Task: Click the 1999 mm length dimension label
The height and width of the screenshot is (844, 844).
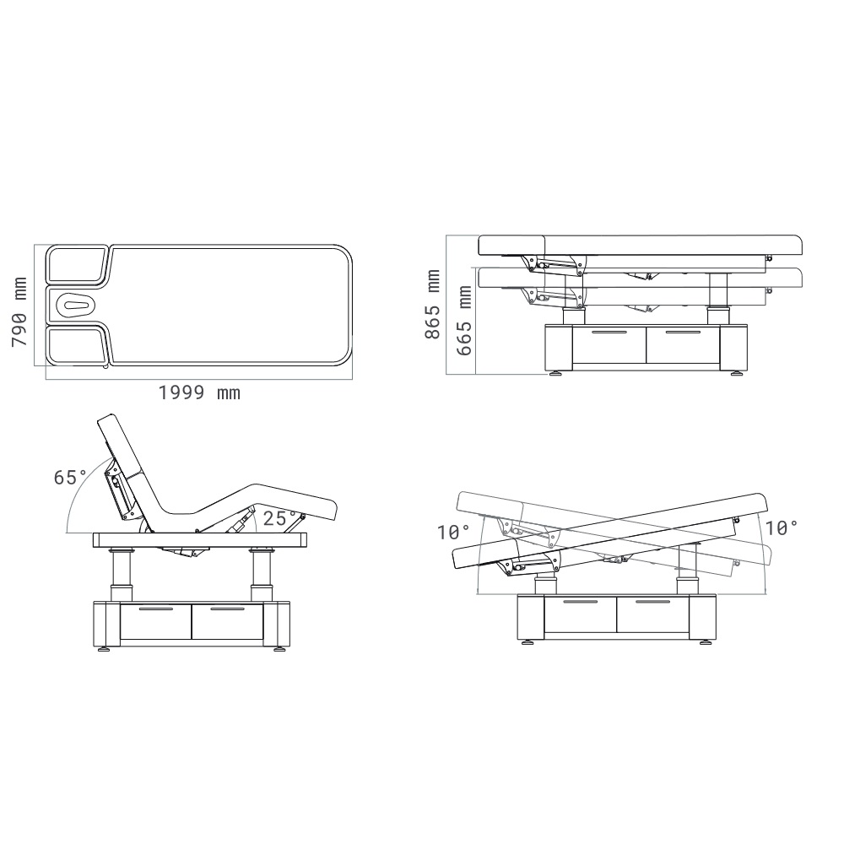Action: coord(199,393)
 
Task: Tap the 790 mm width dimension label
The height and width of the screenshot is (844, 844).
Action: coord(19,312)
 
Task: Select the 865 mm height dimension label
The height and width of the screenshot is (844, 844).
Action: coord(433,304)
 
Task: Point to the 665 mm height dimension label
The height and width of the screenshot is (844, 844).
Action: coord(464,321)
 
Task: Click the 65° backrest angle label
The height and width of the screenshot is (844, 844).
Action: coord(71,478)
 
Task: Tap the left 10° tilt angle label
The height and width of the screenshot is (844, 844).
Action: coord(453,533)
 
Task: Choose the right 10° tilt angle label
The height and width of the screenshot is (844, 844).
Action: coord(781,528)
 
